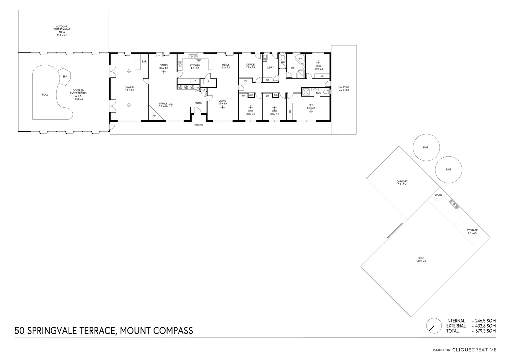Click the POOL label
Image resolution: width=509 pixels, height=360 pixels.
[x=45, y=95]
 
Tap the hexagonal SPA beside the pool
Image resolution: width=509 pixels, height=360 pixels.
[x=65, y=77]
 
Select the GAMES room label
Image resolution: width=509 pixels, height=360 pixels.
[x=129, y=87]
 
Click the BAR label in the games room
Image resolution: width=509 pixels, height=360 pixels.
[x=144, y=62]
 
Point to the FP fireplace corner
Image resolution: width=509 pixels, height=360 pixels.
[x=154, y=115]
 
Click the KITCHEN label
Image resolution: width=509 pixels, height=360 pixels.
[x=195, y=66]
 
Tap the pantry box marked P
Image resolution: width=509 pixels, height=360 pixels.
[x=208, y=82]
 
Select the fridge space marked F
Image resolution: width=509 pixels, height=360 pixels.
[x=195, y=81]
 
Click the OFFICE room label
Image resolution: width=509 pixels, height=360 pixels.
[x=250, y=65]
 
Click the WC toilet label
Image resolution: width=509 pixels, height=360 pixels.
[x=283, y=62]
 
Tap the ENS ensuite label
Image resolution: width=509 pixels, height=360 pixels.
[x=318, y=93]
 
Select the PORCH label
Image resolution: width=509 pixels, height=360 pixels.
[x=199, y=125]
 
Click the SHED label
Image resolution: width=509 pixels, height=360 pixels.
[x=421, y=258]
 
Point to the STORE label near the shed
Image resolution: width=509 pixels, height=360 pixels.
[x=438, y=195]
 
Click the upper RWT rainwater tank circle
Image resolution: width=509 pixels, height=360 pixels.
[x=426, y=147]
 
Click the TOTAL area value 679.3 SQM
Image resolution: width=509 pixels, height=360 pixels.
[x=485, y=331]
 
